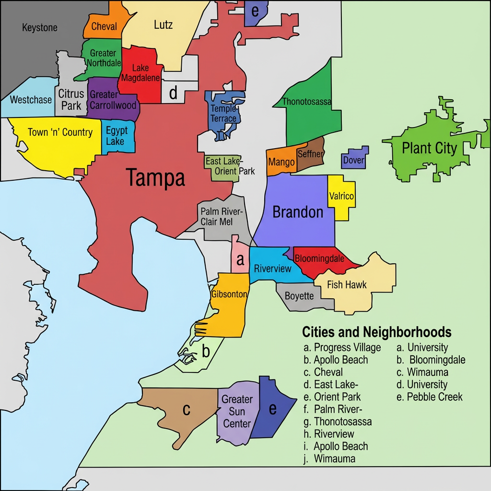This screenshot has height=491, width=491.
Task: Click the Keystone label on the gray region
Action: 40,28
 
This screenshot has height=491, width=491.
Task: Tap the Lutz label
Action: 163,24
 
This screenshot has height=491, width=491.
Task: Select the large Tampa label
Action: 155,178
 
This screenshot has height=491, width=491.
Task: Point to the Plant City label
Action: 429,148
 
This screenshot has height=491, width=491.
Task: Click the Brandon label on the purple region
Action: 298,212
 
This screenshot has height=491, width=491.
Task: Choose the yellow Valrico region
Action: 342,197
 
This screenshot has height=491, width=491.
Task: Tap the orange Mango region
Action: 281,162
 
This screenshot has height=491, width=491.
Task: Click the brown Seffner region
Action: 310,154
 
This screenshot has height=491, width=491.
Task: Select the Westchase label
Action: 31,100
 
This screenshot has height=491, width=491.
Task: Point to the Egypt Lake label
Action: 117,136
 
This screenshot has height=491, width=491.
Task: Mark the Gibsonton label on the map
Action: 229,294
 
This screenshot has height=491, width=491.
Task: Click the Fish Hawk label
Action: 347,284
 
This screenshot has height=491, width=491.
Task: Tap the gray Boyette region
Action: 299,296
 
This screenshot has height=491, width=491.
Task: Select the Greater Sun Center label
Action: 237,411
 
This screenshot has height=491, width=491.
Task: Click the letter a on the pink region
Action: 240,261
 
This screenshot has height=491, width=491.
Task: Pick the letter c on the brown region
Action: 187,409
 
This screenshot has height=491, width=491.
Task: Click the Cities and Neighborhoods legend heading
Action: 376,332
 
